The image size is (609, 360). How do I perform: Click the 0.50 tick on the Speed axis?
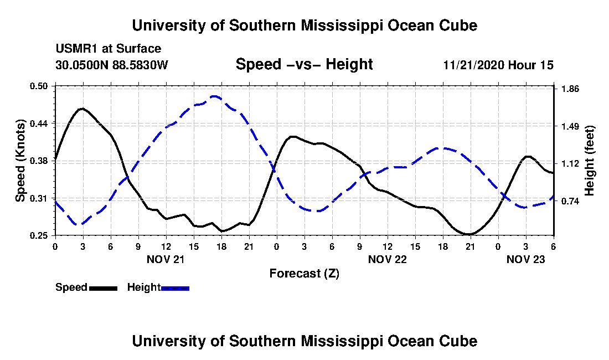click(38, 86)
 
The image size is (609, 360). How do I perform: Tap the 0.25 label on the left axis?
click(38, 235)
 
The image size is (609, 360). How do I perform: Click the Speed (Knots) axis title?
click(20, 161)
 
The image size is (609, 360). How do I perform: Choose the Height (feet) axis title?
click(590, 161)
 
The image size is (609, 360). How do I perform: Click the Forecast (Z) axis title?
click(304, 274)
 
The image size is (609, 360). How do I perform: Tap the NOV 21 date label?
click(166, 259)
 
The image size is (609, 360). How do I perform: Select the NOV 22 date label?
click(387, 259)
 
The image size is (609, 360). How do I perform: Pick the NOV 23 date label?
click(525, 259)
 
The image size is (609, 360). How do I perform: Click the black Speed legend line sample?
click(103, 288)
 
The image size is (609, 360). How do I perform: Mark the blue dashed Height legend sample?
click(175, 288)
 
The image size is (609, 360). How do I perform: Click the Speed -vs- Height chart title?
click(304, 64)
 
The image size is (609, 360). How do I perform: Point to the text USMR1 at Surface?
click(109, 49)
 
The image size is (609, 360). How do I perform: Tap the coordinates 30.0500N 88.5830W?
click(112, 64)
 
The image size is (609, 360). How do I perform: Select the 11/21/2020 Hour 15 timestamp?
click(498, 65)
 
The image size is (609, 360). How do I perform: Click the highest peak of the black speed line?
click(82, 109)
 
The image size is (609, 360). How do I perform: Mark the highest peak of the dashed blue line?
click(214, 96)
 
